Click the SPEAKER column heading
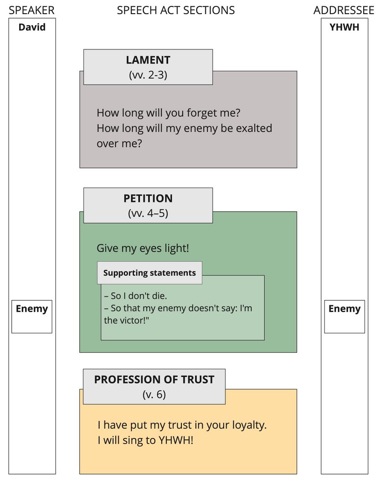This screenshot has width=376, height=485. pos(31,10)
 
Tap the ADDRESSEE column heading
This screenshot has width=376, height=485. pos(344,10)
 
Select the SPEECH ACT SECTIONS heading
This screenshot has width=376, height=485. pos(176,10)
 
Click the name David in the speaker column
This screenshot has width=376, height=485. pos(32,27)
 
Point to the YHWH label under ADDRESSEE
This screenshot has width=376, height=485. pos(344,27)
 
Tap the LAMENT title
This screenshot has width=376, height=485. pos(148,60)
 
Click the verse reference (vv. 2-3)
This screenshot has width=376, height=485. pos(148,75)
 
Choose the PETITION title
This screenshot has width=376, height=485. pos(148,198)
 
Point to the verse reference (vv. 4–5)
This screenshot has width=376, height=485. pos(148,214)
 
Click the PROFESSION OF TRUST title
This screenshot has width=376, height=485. pos(154,380)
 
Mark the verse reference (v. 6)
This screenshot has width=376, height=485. pos(154,395)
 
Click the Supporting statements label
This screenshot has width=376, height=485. pos(149,273)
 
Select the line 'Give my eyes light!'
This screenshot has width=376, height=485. pos(143,249)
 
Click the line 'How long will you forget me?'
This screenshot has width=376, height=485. pos(168,113)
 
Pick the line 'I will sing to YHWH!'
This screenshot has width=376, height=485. pos(145,441)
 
